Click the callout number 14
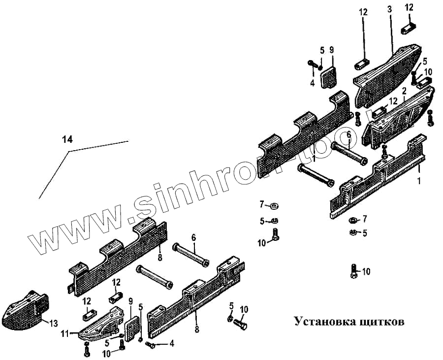tap(67, 140)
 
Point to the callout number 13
tap(53, 323)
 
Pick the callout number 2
tap(404, 92)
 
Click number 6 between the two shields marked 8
tap(193, 238)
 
